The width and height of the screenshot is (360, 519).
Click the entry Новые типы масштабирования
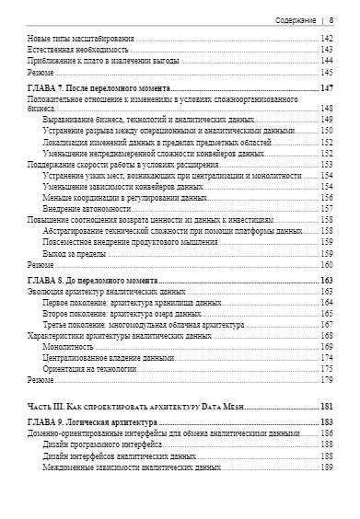[81, 38]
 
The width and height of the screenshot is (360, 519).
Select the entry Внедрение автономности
[88, 208]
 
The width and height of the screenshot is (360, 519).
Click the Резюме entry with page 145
[40, 70]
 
